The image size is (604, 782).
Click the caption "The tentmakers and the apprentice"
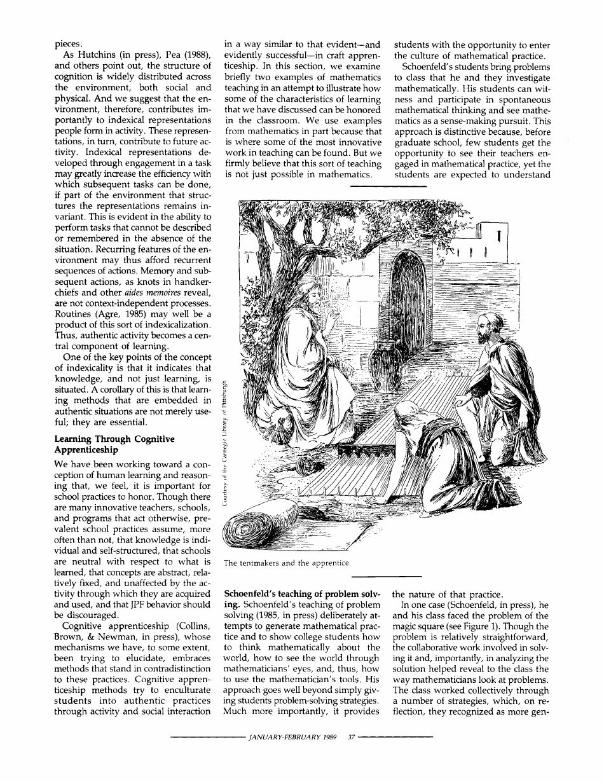[x=287, y=563]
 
